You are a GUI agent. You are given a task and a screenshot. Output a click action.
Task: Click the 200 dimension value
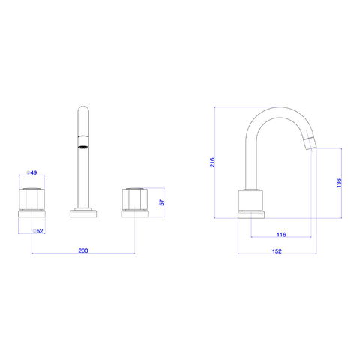point(83,250)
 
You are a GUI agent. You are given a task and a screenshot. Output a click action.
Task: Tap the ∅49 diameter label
point(31,172)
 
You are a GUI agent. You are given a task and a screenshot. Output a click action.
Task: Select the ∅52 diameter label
point(38,231)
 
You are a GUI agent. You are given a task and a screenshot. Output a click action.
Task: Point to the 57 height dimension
point(162,202)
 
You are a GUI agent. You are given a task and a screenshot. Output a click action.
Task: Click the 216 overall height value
point(212,163)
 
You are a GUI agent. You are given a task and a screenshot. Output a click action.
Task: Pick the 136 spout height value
point(339,183)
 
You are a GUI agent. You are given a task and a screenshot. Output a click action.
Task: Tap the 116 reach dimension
point(281,235)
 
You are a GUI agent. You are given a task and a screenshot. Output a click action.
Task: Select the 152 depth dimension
point(277,251)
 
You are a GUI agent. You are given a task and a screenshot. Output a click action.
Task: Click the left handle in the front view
point(32,199)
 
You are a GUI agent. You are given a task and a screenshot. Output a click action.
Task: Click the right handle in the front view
point(135,199)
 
